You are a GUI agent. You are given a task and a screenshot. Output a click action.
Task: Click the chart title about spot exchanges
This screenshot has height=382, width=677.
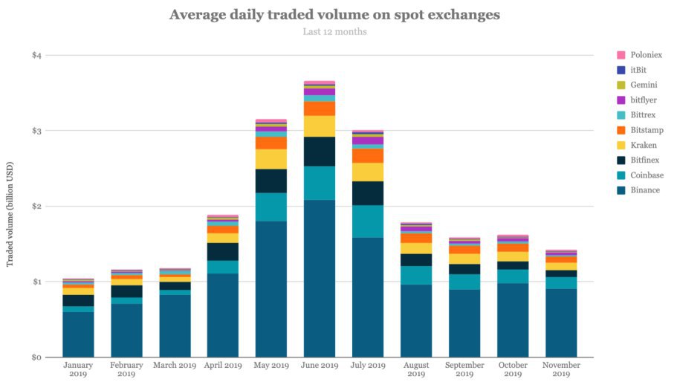click(x=334, y=14)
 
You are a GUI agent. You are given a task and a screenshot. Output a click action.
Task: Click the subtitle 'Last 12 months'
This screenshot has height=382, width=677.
click(x=334, y=31)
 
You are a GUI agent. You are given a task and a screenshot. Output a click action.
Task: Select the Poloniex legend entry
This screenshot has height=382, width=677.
click(x=646, y=55)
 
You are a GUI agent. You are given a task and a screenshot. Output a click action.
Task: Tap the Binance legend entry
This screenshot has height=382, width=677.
click(x=644, y=190)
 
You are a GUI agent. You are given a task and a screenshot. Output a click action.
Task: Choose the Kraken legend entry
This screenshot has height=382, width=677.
click(x=643, y=145)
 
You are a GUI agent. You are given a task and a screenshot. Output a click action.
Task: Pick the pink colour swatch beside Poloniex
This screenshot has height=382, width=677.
click(x=621, y=55)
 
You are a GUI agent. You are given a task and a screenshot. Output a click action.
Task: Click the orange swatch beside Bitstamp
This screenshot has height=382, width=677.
click(x=621, y=130)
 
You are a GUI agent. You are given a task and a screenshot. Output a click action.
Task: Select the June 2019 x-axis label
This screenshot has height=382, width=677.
click(x=319, y=366)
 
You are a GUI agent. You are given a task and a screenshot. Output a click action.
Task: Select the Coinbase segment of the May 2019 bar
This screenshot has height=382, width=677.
click(x=271, y=207)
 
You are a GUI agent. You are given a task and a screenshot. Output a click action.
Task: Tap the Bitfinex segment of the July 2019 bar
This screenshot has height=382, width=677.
click(x=367, y=192)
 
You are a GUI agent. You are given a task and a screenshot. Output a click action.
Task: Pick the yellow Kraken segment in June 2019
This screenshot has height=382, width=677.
click(x=319, y=126)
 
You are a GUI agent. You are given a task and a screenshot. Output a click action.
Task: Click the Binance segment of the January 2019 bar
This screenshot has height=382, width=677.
click(x=78, y=334)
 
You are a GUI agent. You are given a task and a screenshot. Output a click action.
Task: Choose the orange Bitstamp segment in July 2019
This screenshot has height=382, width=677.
click(x=367, y=155)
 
